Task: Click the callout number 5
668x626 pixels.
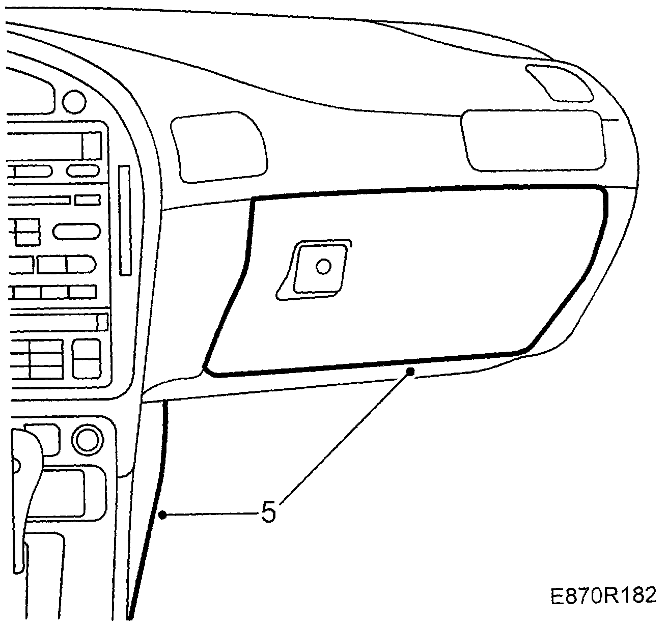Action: [x=268, y=513]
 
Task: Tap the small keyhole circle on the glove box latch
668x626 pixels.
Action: [x=323, y=266]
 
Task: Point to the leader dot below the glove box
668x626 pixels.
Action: [x=410, y=373]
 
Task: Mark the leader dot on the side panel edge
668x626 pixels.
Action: [x=162, y=515]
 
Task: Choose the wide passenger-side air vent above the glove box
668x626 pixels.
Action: [x=533, y=140]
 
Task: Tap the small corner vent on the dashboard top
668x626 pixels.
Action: [x=560, y=82]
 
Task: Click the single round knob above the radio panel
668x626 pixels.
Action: [x=74, y=101]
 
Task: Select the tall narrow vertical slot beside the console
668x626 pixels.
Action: [x=124, y=220]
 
